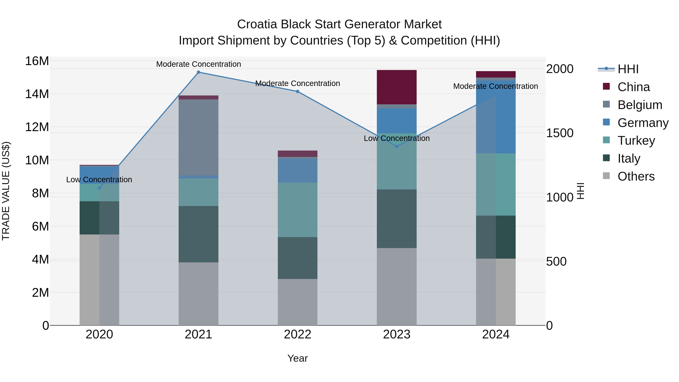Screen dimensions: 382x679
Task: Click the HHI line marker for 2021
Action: tap(198, 72)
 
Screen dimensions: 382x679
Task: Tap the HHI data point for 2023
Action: tap(397, 146)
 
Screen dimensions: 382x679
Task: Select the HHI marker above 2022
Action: tap(298, 91)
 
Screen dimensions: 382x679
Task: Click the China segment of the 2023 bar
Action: tap(397, 87)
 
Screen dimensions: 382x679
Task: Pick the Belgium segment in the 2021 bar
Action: tap(198, 137)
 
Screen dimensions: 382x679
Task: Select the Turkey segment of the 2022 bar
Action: tap(298, 210)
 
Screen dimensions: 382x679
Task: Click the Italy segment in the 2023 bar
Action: tap(397, 219)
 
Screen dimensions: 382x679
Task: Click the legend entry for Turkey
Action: tap(636, 141)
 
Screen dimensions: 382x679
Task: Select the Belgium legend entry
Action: tap(640, 105)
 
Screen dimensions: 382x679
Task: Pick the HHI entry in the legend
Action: tap(628, 69)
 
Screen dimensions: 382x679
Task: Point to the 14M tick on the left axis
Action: tap(37, 94)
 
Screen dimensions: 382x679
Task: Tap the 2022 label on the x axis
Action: tap(298, 334)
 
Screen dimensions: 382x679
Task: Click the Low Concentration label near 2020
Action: tap(99, 180)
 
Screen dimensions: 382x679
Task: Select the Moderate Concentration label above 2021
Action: tap(198, 64)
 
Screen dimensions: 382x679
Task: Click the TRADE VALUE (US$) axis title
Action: tap(6, 191)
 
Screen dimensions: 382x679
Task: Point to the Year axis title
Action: tap(298, 358)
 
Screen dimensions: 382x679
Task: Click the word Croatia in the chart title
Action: tap(257, 25)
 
